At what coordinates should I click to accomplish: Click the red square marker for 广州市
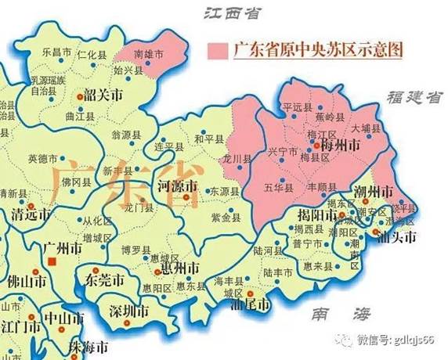pos(52,264)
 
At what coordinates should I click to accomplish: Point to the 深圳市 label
pos(129,311)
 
